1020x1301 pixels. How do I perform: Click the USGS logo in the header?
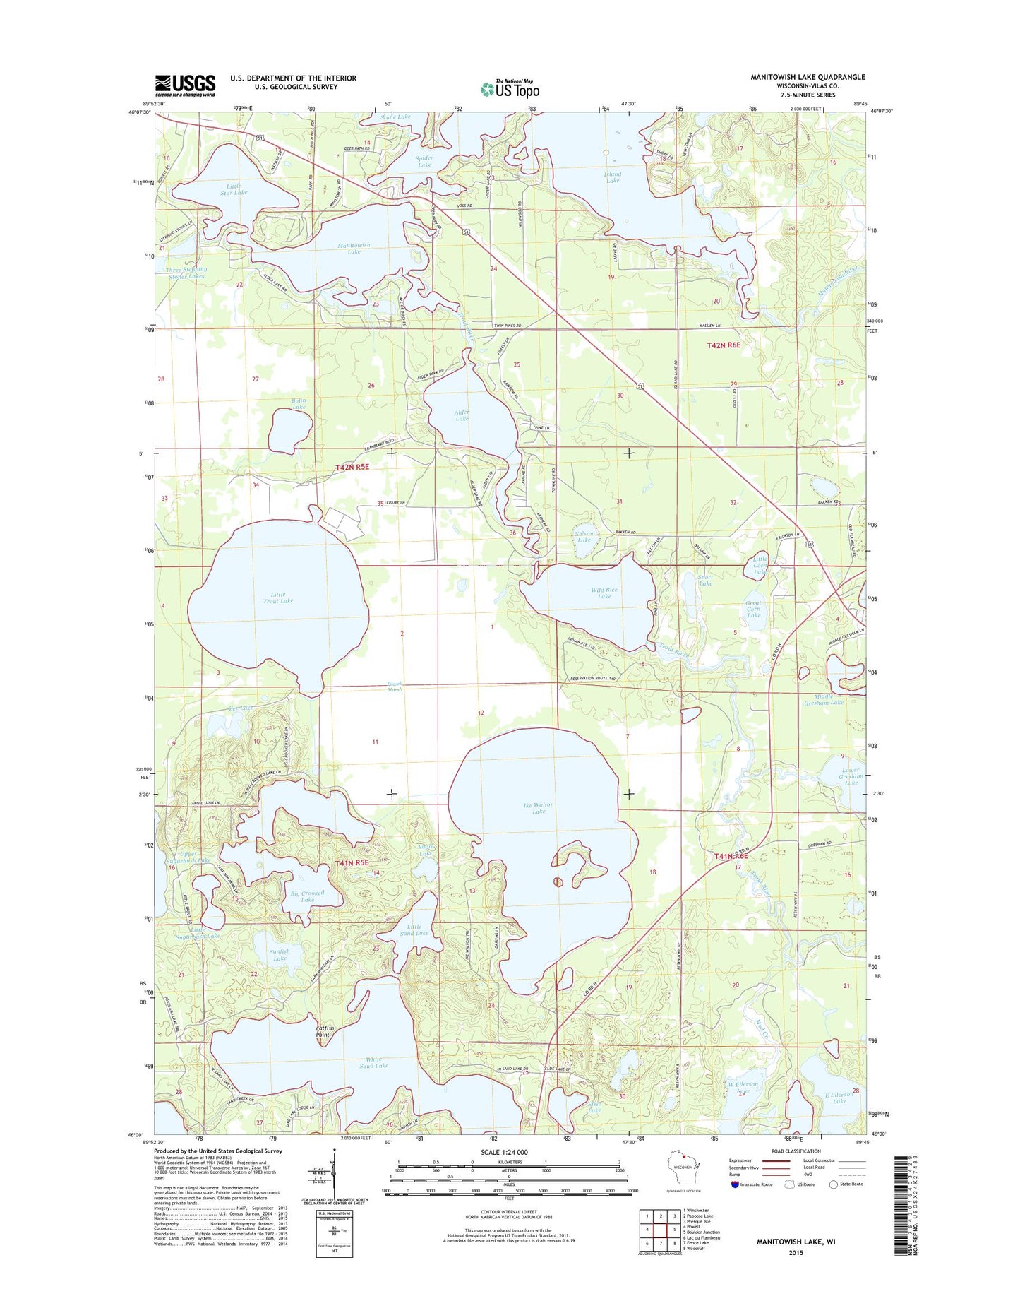click(x=185, y=85)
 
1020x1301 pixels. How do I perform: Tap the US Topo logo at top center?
click(x=510, y=88)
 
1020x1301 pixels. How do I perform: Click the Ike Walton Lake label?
click(x=539, y=808)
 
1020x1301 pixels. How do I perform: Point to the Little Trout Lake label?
click(x=277, y=597)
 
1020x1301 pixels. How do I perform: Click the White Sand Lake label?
click(x=373, y=1062)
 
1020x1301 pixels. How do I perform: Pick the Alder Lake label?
click(x=462, y=415)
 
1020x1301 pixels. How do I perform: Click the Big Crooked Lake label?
click(x=307, y=896)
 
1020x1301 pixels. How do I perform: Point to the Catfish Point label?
click(x=323, y=1031)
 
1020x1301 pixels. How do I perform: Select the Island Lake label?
click(x=612, y=177)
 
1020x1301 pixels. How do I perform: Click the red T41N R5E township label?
click(x=352, y=862)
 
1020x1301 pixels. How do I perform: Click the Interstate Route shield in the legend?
click(x=735, y=1184)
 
